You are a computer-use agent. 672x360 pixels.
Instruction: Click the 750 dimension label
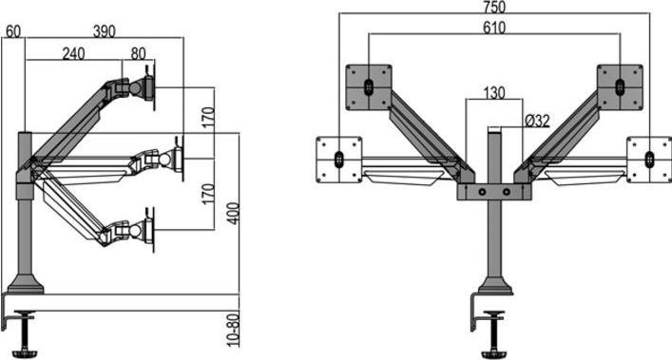tap(494, 7)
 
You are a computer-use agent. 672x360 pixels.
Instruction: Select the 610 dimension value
tap(494, 28)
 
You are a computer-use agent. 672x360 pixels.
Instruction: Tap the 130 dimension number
tap(494, 93)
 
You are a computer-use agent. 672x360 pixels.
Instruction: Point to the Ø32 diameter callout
tap(537, 121)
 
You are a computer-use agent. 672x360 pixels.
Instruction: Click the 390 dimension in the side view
tap(105, 31)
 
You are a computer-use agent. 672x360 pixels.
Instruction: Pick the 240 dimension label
tap(74, 53)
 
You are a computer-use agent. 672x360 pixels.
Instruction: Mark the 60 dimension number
tap(13, 31)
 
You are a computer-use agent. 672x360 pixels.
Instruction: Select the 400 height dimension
tap(233, 213)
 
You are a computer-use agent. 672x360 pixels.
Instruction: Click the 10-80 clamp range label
tap(233, 330)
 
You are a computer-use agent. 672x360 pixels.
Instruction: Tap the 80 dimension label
tap(138, 53)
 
